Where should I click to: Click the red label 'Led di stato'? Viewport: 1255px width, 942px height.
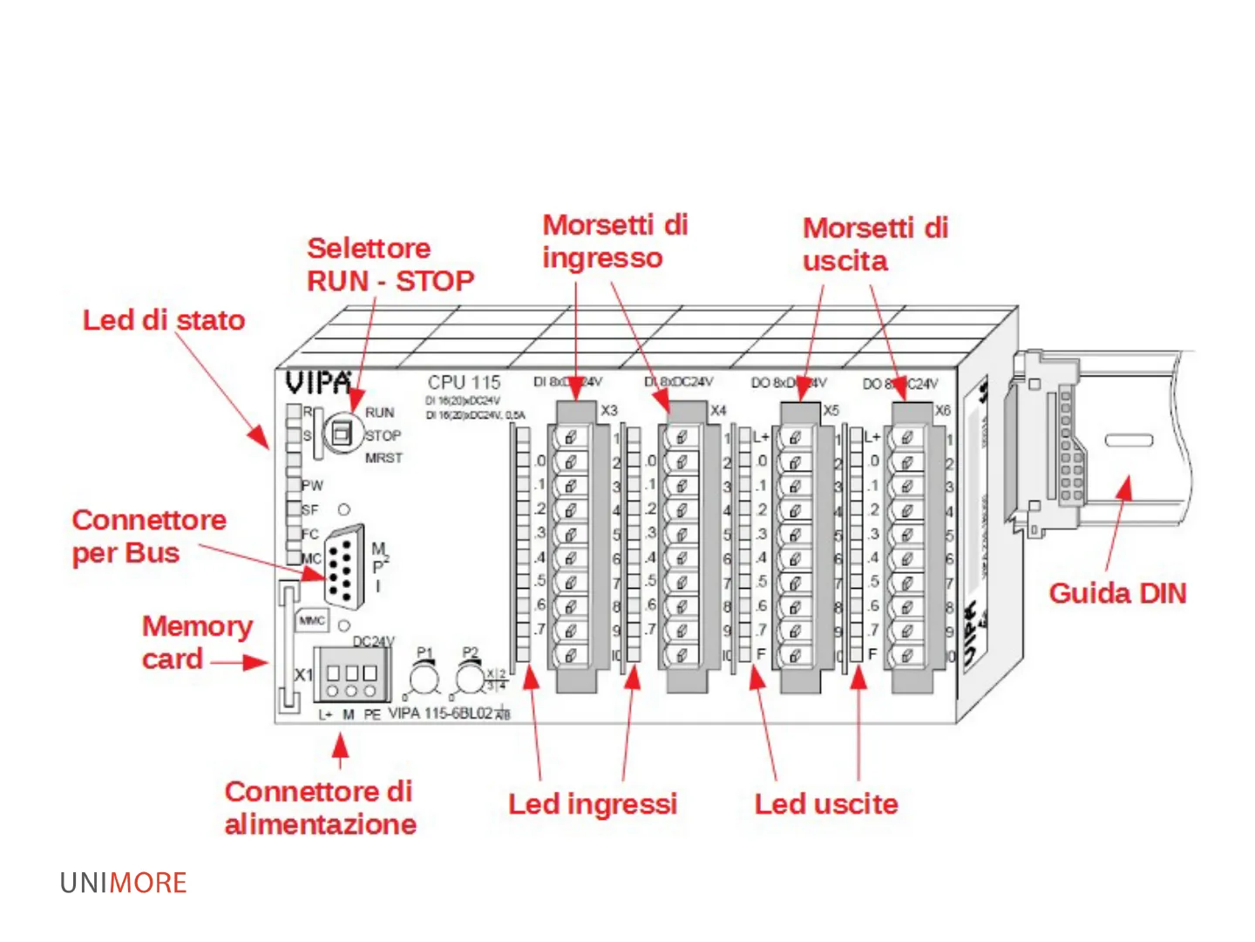click(x=164, y=320)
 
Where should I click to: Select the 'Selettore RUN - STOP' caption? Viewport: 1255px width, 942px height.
click(x=390, y=264)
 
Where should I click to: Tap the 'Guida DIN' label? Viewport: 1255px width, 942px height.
click(x=1117, y=593)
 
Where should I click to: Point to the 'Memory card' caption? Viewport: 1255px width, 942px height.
click(x=197, y=642)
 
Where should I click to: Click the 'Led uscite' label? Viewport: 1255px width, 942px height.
click(x=825, y=803)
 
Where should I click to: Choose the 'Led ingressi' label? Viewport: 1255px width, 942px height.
click(x=593, y=803)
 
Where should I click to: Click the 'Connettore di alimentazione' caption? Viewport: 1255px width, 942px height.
click(x=320, y=807)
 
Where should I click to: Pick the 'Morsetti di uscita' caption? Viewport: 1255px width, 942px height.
click(x=874, y=244)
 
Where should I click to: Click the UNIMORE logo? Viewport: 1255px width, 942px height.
click(x=123, y=883)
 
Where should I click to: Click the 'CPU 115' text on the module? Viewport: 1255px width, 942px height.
click(x=464, y=382)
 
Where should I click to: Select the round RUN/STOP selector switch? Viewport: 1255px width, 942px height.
click(x=343, y=432)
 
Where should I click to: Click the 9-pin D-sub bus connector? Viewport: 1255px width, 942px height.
click(x=345, y=565)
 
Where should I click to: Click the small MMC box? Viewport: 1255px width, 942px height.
click(x=312, y=620)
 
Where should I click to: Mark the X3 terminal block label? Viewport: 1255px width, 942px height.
click(x=608, y=410)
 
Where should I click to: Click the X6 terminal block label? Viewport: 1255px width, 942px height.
click(x=942, y=410)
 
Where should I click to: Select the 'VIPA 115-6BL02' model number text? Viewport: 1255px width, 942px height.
click(x=440, y=713)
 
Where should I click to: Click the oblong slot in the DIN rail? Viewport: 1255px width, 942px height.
click(x=1129, y=440)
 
